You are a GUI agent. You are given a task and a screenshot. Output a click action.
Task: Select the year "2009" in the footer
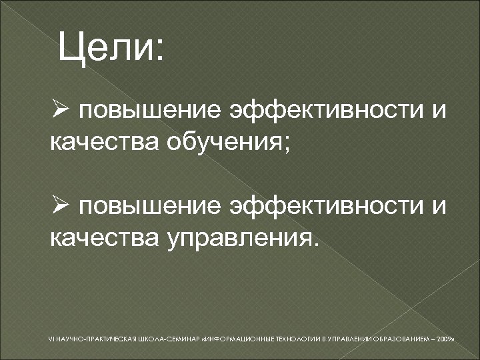[x=443, y=339]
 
